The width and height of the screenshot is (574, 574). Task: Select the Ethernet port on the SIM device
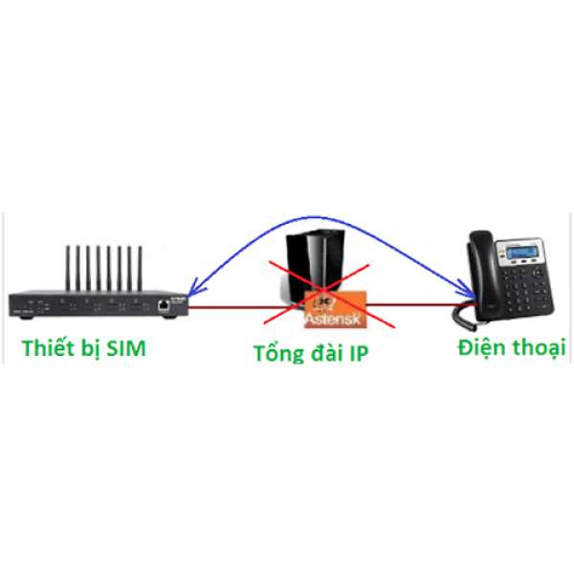tap(166, 305)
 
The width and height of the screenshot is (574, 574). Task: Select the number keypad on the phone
tap(521, 287)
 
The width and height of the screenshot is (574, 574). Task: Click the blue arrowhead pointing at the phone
tap(467, 290)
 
